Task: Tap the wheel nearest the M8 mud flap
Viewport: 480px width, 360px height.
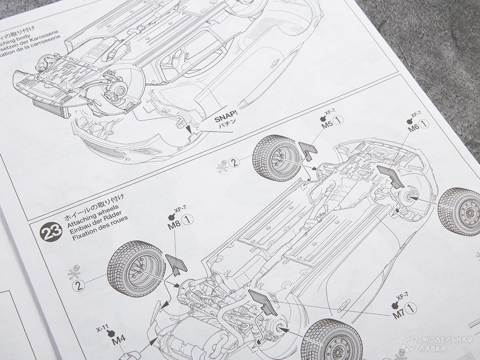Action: tap(136, 269)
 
